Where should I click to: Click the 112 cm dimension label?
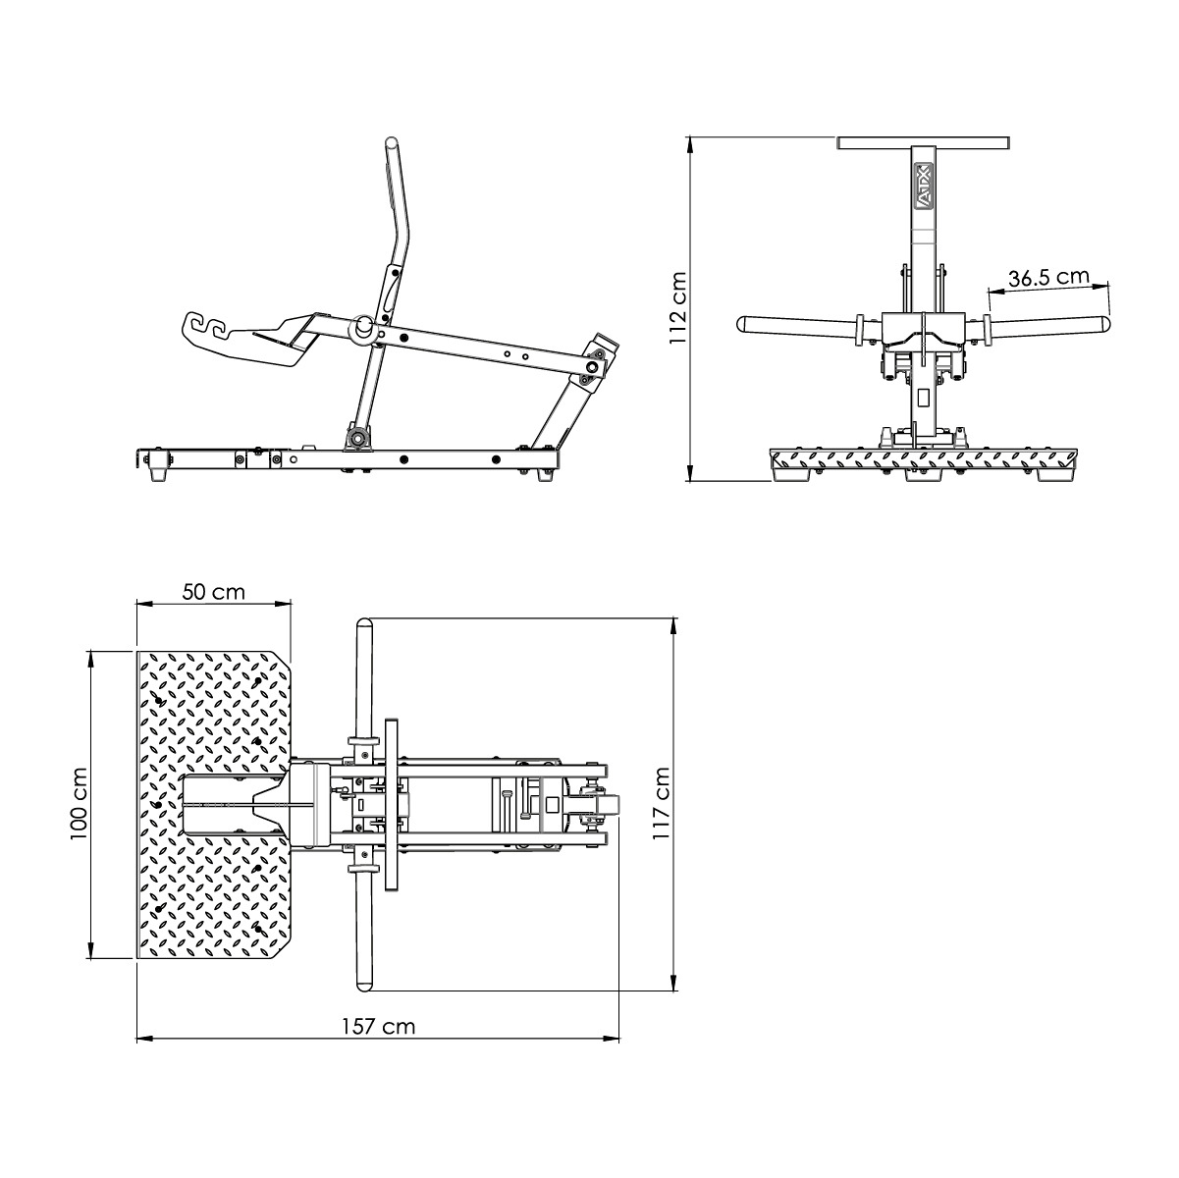676,308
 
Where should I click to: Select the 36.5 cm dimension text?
1048,278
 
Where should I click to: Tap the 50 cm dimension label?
214,592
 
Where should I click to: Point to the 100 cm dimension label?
80,803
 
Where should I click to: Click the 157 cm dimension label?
378,1027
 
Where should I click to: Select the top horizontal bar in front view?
924,143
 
